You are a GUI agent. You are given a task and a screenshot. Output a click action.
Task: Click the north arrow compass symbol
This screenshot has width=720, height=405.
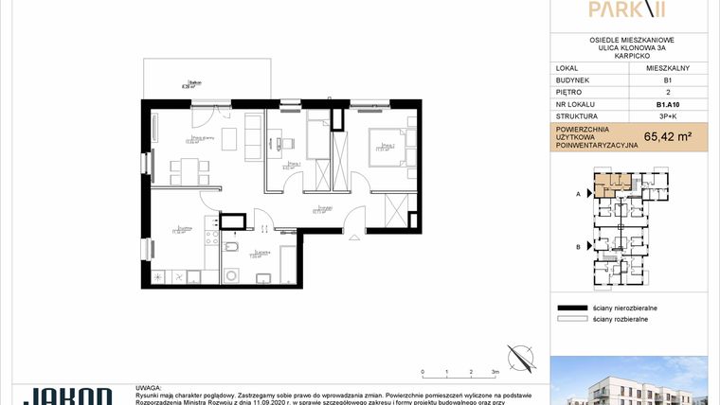coord(519,358)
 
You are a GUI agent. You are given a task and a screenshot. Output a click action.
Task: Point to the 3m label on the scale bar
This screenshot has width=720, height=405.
coord(495,373)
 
